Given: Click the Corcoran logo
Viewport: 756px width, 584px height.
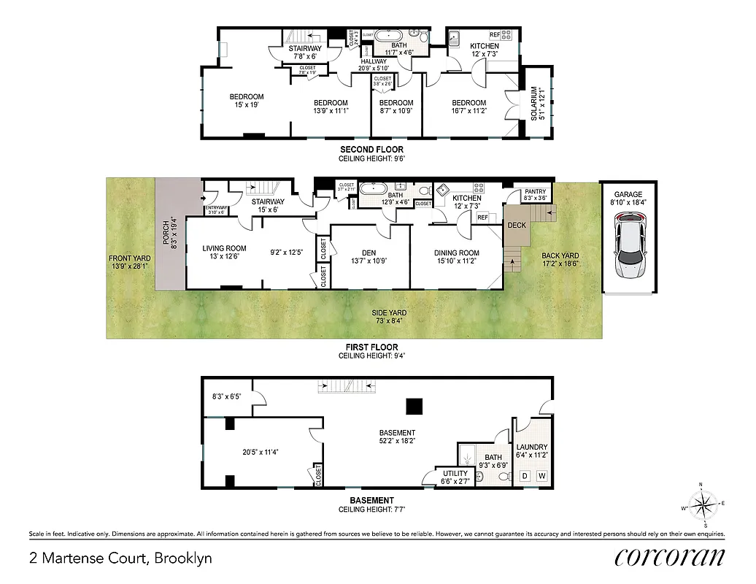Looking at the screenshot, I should tap(669, 557).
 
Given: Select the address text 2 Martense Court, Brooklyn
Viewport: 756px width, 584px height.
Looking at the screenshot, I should tap(120, 558).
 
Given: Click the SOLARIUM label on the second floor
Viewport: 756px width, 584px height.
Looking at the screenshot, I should tap(534, 104).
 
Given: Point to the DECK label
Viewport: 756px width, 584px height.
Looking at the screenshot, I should tap(517, 225).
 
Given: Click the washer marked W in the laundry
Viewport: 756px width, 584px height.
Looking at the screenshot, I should tap(541, 477).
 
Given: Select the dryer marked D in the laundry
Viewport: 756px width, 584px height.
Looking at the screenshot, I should tap(523, 477).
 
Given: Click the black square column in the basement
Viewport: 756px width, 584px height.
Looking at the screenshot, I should tap(414, 406).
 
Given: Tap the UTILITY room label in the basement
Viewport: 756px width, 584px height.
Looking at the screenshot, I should tap(455, 473).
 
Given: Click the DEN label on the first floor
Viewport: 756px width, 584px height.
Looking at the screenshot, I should tap(369, 253).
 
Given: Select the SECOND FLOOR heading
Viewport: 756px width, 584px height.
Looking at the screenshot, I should tap(371, 150).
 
